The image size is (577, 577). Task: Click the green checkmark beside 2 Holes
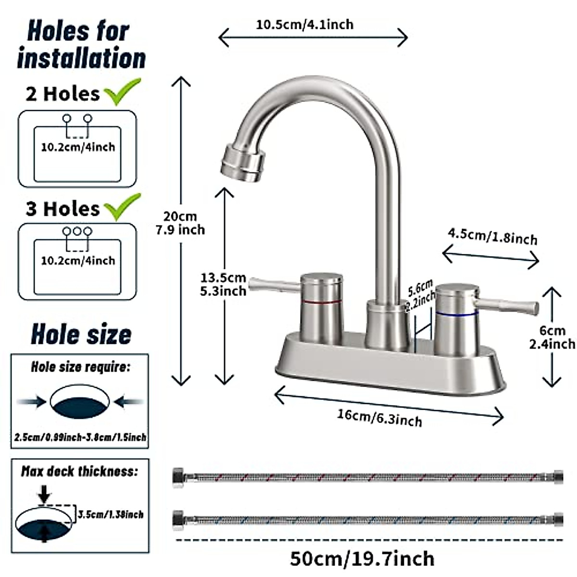pos(122,91)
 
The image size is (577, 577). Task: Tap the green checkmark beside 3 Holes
pos(123,207)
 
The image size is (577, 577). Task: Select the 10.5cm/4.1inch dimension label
pos(304,25)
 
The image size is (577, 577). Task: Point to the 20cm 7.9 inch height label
pos(180,223)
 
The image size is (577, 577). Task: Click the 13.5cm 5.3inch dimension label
pos(224,285)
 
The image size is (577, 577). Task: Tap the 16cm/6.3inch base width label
pos(380,418)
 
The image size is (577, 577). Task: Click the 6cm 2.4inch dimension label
pos(552,338)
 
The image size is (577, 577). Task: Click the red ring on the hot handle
pos(322,301)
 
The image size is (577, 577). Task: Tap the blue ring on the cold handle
pos(457,314)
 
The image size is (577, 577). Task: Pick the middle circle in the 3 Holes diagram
pos(77,231)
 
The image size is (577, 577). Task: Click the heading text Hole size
pos(81,334)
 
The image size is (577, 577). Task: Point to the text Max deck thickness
pos(79,471)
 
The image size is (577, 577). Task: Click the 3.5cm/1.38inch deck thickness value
pos(111,514)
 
